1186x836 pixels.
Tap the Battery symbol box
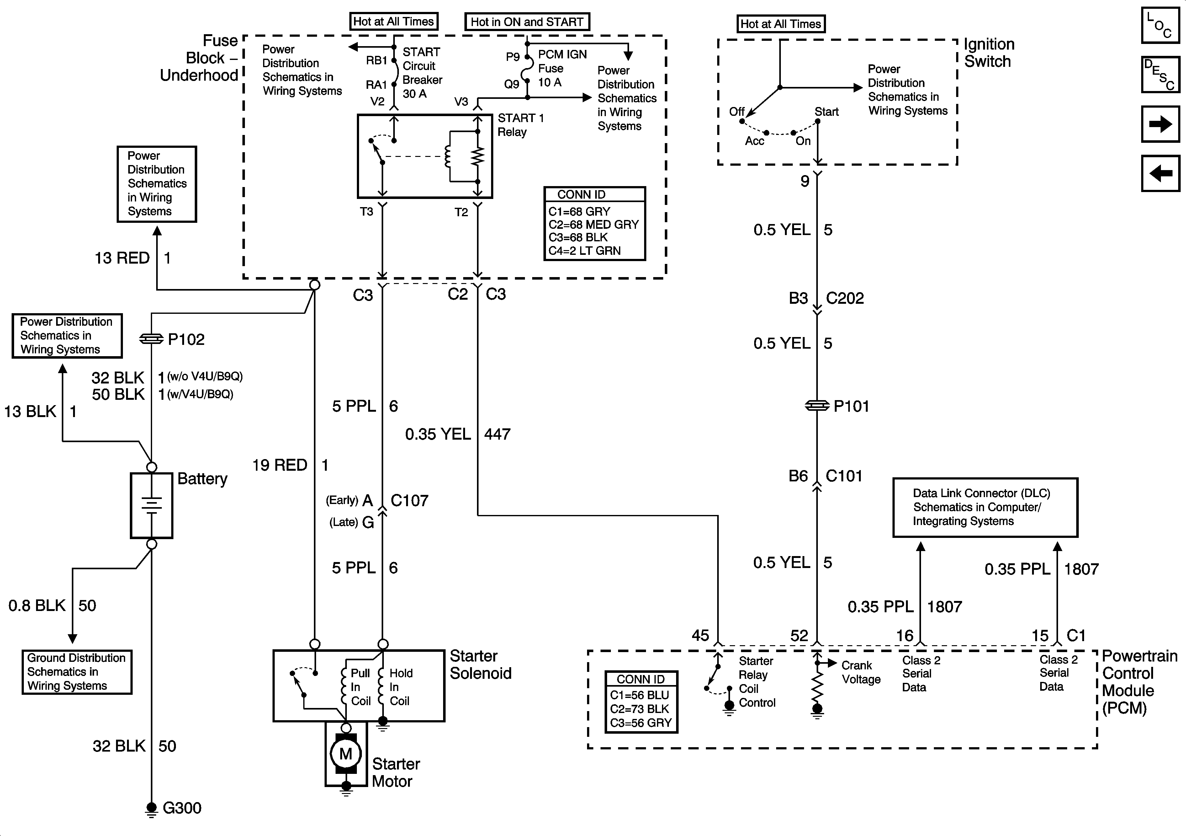coord(151,505)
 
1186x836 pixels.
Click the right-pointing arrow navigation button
coord(1160,124)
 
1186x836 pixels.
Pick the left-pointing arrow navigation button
coord(1160,173)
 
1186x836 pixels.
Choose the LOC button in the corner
coord(1160,25)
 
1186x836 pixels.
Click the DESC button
coord(1160,74)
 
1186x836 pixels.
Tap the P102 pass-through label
coord(186,340)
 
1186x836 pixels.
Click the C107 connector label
coord(409,501)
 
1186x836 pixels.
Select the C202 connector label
coord(844,298)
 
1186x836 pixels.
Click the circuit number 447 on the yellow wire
coord(497,434)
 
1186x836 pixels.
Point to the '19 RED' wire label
coord(279,465)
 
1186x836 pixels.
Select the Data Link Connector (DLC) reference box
coord(985,507)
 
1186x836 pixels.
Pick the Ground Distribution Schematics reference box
coord(77,672)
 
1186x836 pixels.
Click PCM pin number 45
coord(701,635)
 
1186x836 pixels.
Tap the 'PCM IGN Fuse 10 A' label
coord(562,68)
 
